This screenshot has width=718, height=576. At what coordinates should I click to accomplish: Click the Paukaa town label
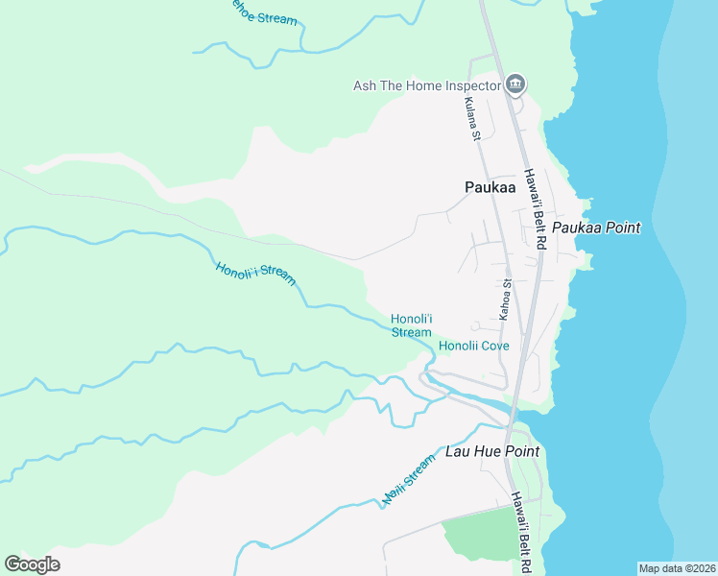click(490, 188)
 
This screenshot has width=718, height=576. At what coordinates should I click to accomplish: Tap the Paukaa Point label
click(595, 228)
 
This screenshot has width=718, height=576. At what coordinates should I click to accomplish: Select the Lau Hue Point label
click(491, 451)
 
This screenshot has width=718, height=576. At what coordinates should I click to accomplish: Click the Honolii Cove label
click(473, 346)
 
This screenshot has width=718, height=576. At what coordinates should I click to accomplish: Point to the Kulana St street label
click(470, 119)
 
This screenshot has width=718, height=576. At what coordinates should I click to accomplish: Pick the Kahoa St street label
click(506, 300)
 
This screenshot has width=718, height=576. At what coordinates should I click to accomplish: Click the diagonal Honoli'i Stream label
click(255, 273)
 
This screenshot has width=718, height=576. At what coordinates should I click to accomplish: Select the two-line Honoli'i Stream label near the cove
click(411, 325)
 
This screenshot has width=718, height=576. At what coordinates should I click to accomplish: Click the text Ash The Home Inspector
click(427, 85)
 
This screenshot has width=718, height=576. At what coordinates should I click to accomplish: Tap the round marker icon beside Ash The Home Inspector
click(515, 85)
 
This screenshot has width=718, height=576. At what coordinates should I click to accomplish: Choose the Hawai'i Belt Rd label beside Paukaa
click(534, 210)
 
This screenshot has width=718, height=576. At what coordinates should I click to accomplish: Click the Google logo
click(32, 564)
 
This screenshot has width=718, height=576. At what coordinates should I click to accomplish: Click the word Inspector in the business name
click(472, 85)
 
